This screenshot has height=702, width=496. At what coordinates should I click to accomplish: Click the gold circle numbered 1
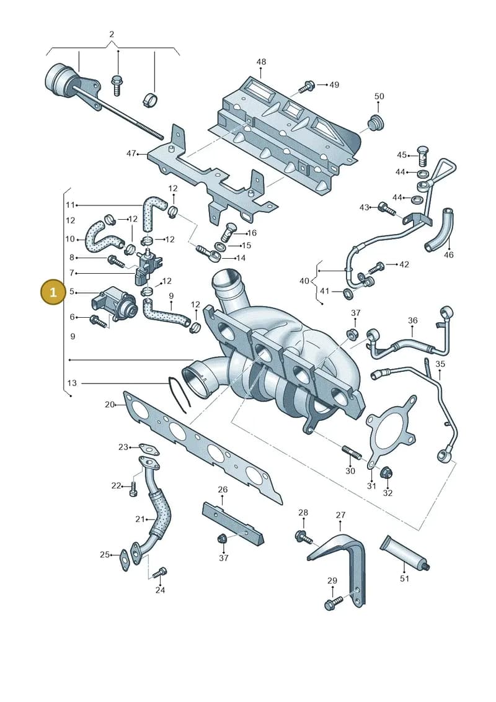point(53,293)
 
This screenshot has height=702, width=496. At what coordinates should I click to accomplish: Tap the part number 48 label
point(261,61)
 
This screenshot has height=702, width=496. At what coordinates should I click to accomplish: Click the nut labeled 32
point(386,472)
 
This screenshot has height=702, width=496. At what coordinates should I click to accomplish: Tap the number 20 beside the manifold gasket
point(110,404)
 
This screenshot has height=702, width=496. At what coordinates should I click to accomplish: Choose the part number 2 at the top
point(112,34)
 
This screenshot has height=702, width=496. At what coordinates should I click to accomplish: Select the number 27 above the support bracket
point(341,515)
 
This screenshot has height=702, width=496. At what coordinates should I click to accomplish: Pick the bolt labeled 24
point(160,572)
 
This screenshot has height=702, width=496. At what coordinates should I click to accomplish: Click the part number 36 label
point(413,320)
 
